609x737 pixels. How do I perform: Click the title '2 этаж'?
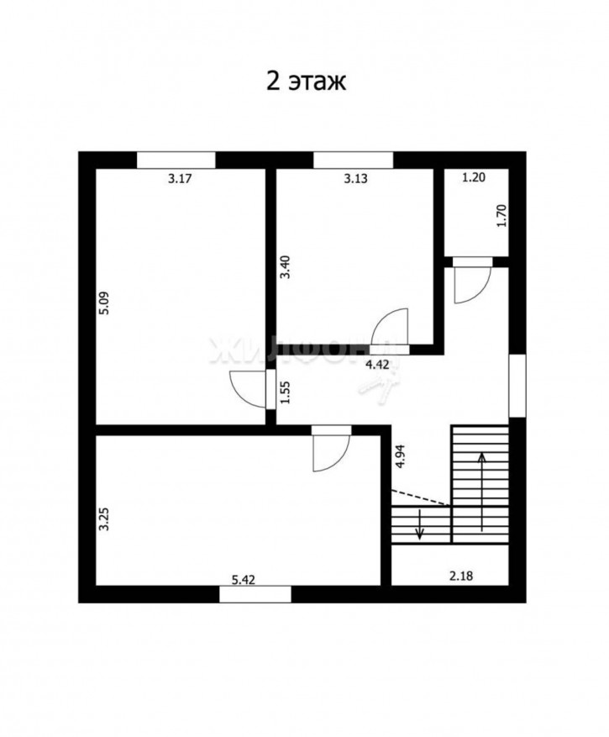[x=307, y=82]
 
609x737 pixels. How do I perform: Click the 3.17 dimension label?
[x=180, y=179]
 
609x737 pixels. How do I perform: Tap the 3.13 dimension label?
[x=355, y=179]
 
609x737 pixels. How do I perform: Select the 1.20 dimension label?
[x=474, y=177]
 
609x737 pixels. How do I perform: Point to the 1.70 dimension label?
[x=501, y=216]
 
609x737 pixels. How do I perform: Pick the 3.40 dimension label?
[x=286, y=267]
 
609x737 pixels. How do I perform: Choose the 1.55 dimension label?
[x=286, y=392]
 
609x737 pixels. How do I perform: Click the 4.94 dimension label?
[x=401, y=456]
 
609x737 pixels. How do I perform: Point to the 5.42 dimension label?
[x=244, y=580]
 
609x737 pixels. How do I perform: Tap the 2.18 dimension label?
[x=461, y=576]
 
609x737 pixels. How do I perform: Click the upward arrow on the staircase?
[x=481, y=492]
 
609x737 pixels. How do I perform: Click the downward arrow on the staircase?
[x=420, y=524]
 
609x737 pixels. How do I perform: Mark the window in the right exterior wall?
[x=517, y=386]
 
